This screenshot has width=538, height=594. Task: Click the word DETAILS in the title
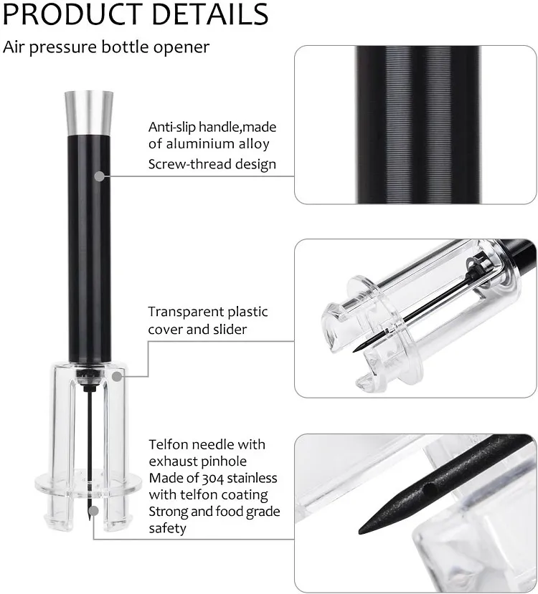[x=207, y=14]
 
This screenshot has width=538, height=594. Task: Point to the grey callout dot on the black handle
[x=99, y=174]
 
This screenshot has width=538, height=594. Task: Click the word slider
[x=228, y=329]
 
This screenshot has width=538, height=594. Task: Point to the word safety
[x=168, y=528]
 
